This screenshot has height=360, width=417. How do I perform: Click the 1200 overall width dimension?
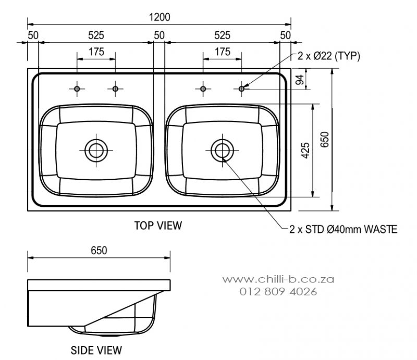point(160,17)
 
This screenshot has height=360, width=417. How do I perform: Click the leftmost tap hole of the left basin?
point(77,89)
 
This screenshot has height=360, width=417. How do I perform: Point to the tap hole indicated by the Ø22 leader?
point(241,89)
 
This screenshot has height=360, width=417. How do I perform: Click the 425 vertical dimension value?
point(306,150)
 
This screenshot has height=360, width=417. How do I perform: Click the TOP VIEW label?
point(158,225)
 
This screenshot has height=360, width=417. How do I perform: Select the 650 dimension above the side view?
point(99,250)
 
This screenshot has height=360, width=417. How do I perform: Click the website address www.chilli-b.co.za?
point(278,279)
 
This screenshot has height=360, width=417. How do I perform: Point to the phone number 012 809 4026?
point(278,292)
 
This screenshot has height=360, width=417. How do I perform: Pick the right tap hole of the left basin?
point(115,89)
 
